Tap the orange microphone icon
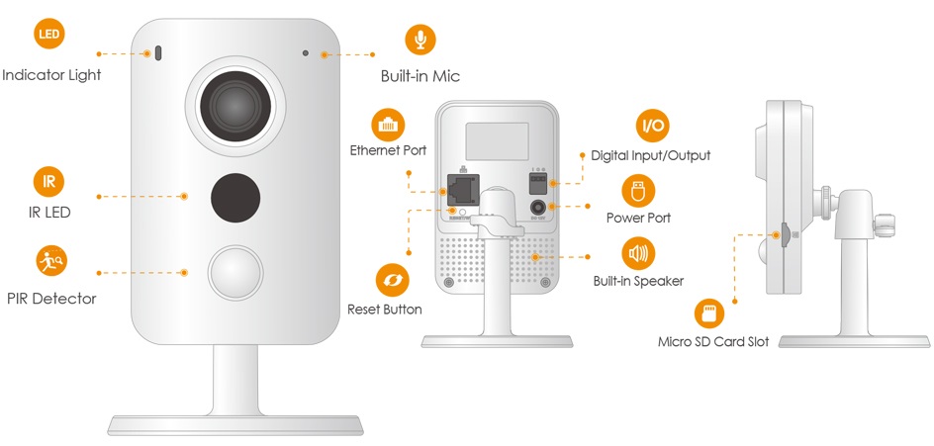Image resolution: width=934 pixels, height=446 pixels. click(420, 41)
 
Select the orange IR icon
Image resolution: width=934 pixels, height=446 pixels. click(48, 181)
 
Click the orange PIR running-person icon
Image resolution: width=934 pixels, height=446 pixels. click(48, 261)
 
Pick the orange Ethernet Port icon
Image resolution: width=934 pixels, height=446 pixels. click(387, 125)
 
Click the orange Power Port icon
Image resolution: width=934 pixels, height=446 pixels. click(637, 190)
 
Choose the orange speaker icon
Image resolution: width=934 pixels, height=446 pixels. click(637, 253)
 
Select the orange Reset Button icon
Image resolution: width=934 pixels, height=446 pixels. click(391, 279)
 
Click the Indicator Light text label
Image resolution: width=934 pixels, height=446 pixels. click(51, 74)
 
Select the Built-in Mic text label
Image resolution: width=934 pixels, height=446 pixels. click(420, 76)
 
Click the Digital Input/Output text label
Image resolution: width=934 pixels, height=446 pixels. click(650, 155)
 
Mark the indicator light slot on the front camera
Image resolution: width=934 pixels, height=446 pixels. click(156, 52)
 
